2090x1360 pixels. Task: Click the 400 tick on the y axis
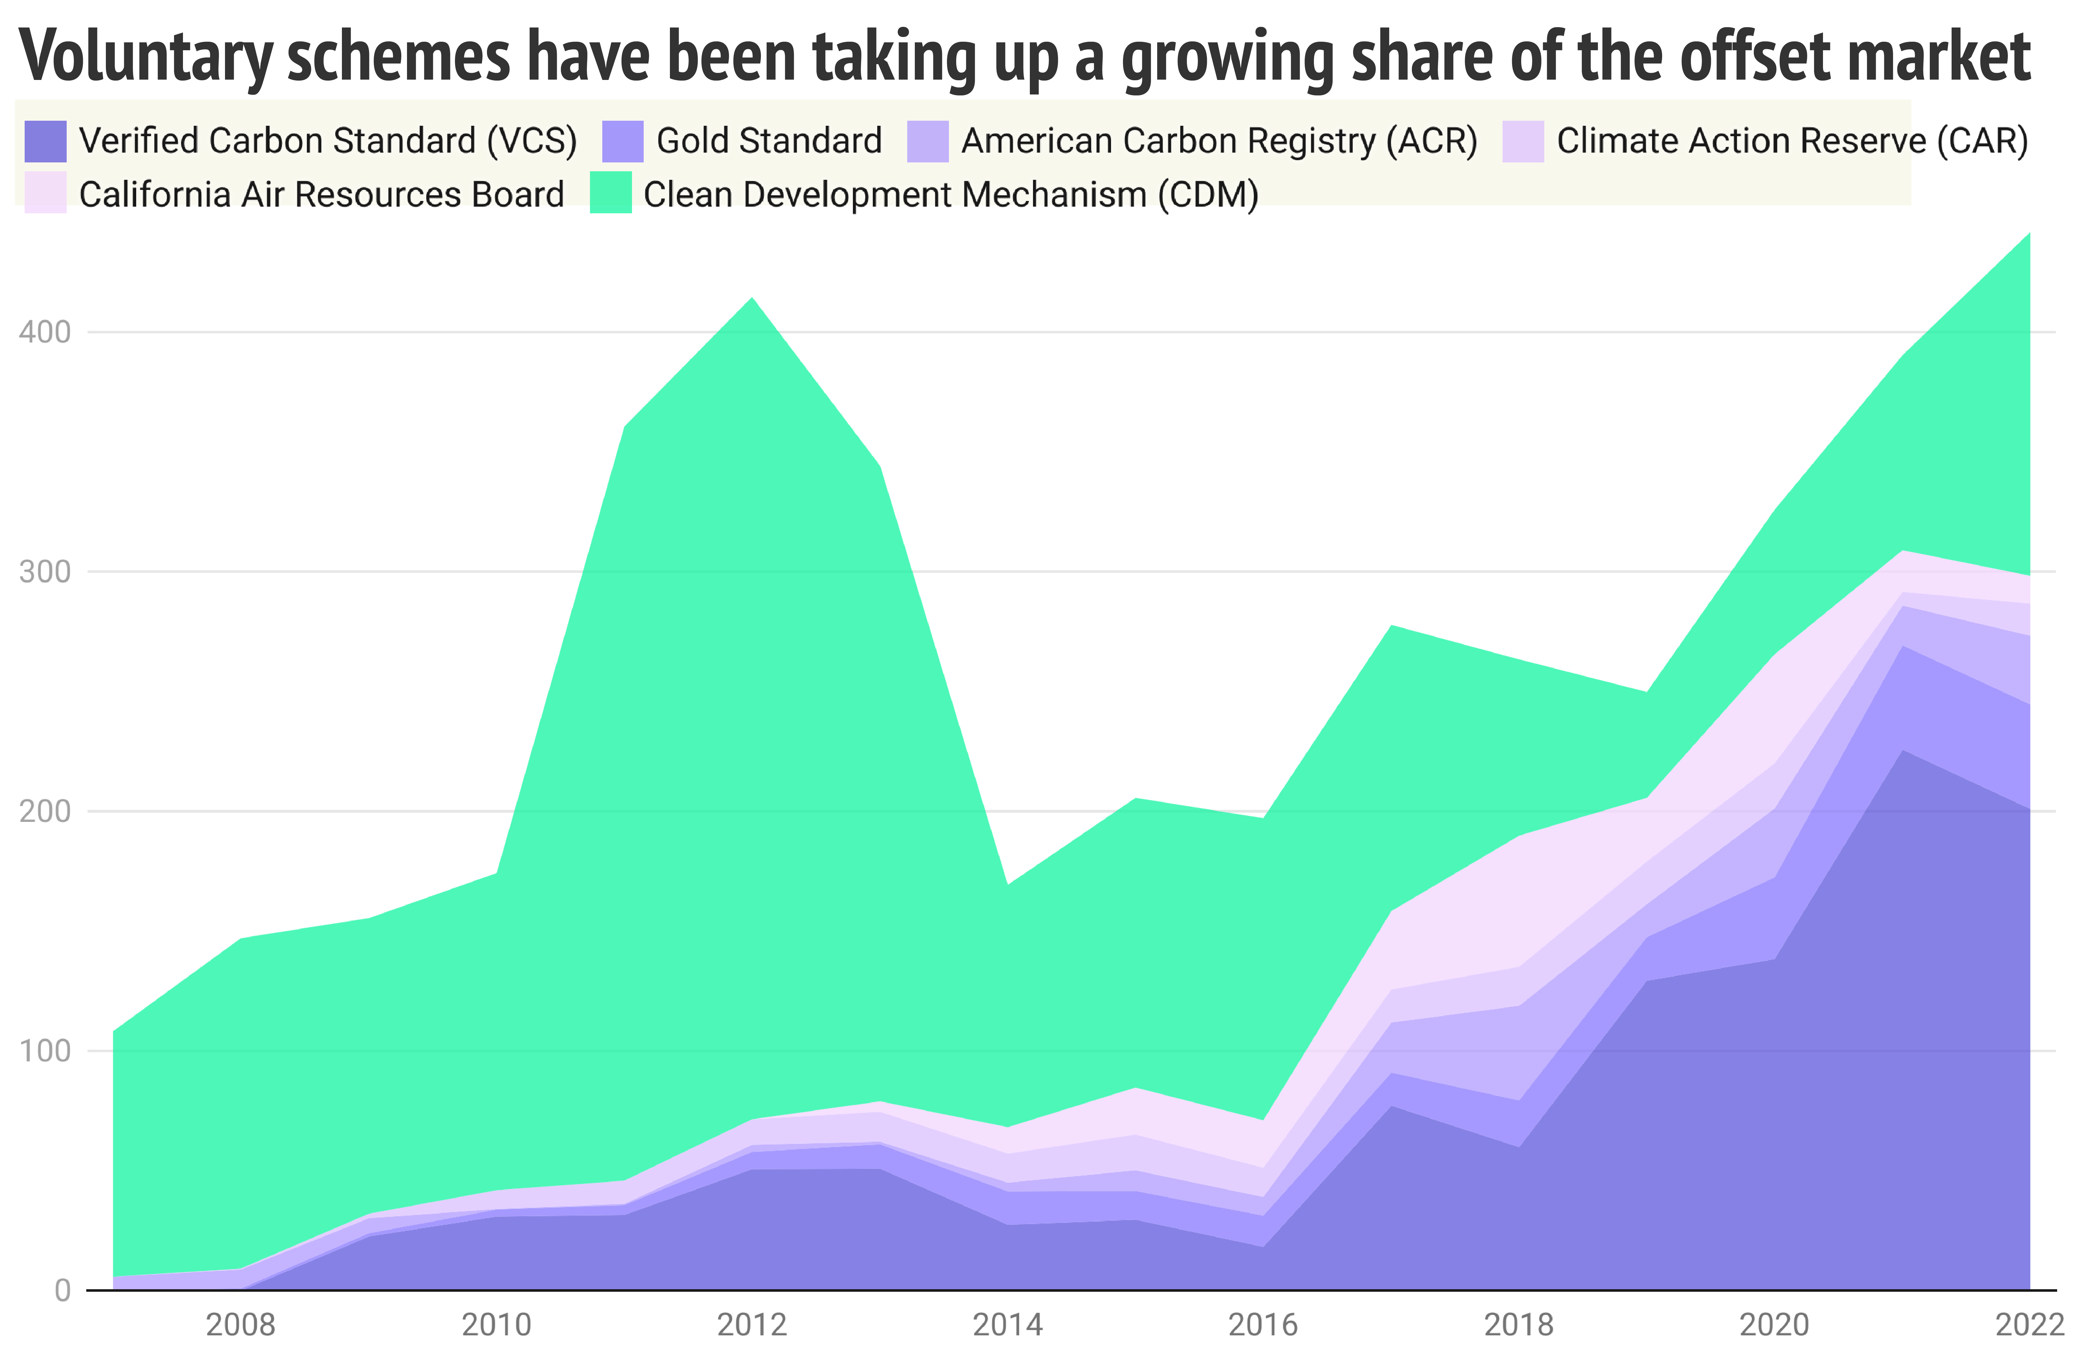pyautogui.click(x=44, y=332)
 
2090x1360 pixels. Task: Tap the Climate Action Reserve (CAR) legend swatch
pyautogui.click(x=1523, y=141)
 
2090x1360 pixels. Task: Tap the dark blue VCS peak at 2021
pyautogui.click(x=1902, y=751)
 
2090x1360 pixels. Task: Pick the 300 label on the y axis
pyautogui.click(x=44, y=572)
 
